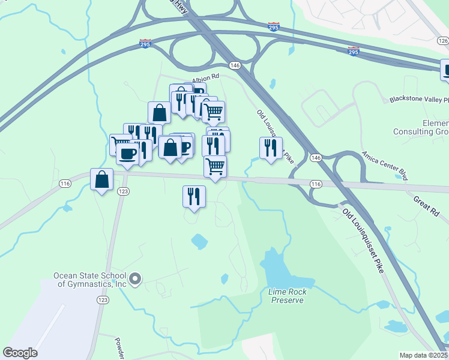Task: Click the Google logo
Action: tap(20, 353)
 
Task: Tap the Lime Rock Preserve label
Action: tap(286, 296)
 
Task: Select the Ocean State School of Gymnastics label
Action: tap(89, 280)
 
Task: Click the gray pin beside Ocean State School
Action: tap(135, 278)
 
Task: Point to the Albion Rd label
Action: tap(206, 77)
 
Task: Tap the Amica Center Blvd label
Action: tap(385, 165)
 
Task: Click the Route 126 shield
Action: tap(443, 41)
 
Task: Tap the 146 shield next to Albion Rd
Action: tap(234, 65)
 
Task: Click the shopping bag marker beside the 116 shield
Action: tap(102, 179)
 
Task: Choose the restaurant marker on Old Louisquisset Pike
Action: tap(271, 148)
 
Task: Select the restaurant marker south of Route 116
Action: tap(194, 196)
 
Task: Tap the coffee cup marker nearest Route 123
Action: tap(127, 154)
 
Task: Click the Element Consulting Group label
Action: tap(421, 127)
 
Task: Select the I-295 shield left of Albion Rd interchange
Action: tap(145, 43)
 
